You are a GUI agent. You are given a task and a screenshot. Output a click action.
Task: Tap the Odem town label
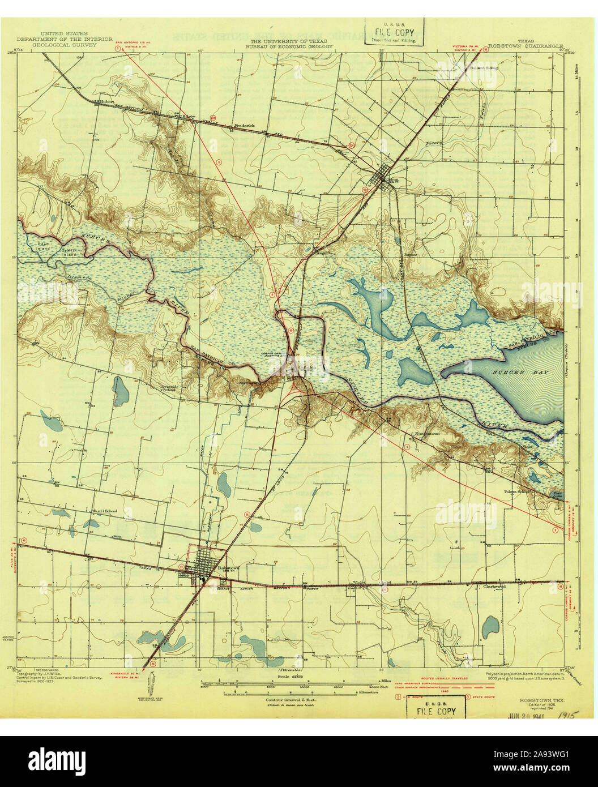pos(392,181)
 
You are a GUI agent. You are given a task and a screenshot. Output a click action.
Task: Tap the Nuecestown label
pos(428,434)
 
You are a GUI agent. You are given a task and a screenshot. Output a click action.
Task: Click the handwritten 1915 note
pos(564,716)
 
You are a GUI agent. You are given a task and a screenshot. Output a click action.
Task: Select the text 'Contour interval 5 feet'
pos(291,700)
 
